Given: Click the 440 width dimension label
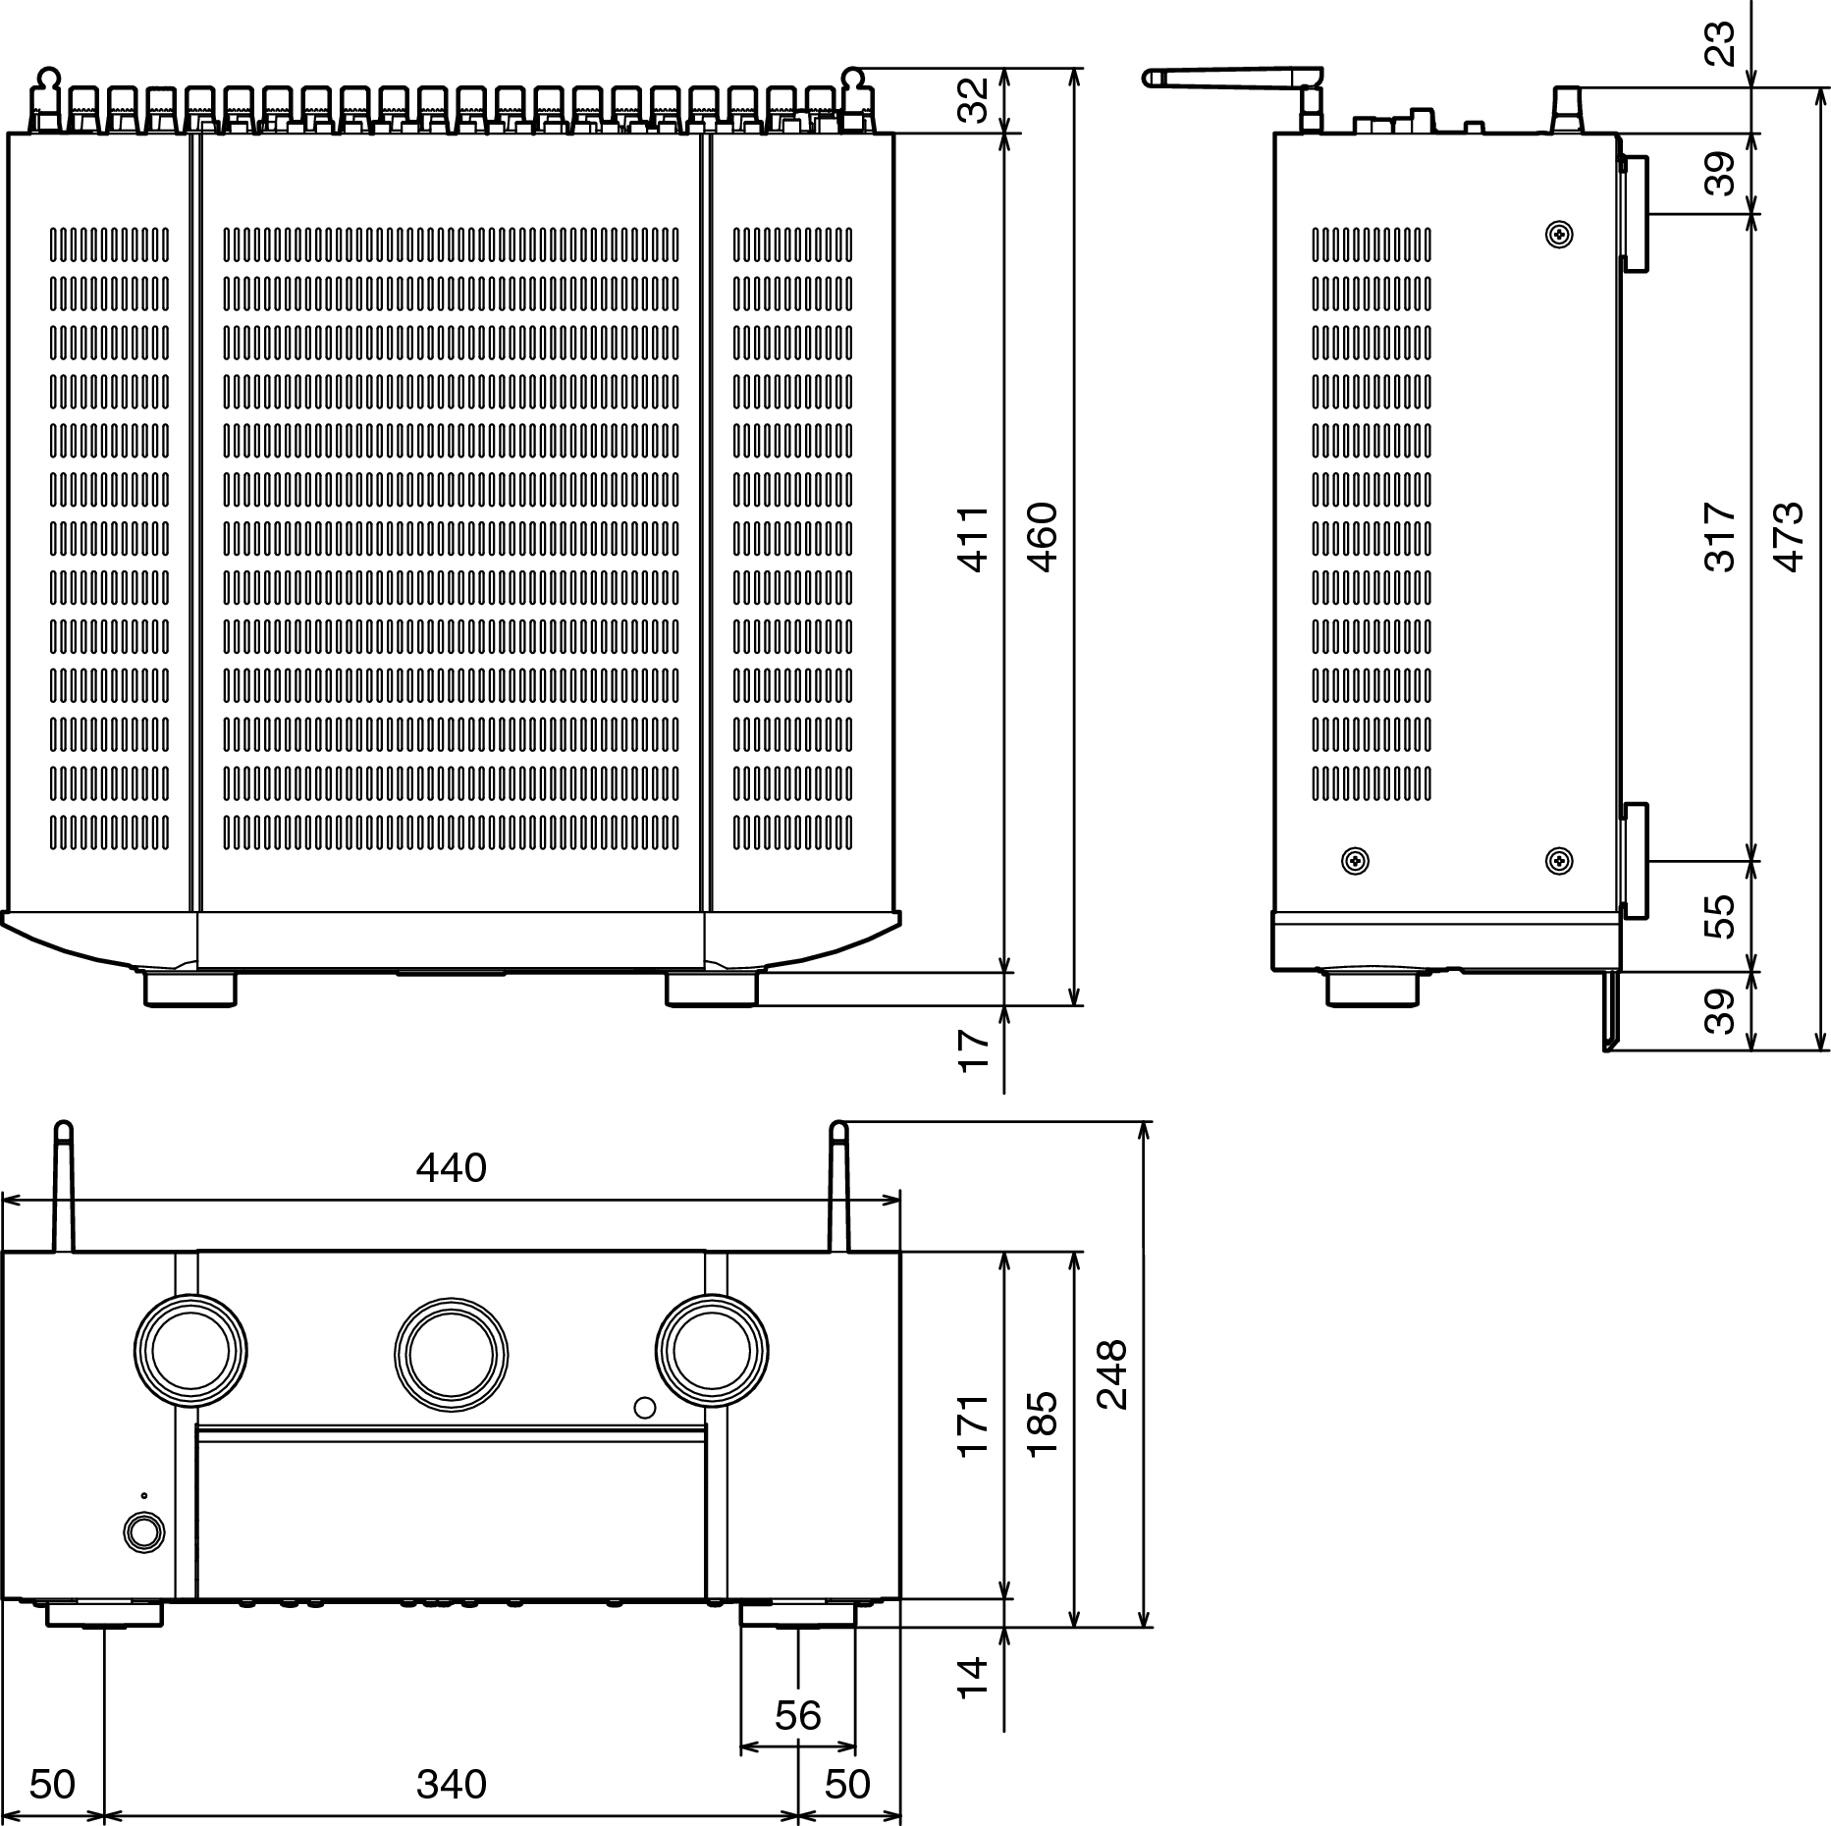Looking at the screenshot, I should [x=451, y=1167].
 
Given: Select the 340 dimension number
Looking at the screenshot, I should [x=451, y=1784].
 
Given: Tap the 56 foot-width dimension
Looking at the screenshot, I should [x=797, y=1715].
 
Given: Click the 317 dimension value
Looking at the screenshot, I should [x=1720, y=536].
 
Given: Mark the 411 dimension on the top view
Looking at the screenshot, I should [x=973, y=539].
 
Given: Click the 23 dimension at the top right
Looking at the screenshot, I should [x=1720, y=43].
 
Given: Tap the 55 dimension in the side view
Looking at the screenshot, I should [x=1720, y=916].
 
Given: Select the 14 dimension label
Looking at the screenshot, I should [x=973, y=1678].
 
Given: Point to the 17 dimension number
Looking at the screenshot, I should [x=973, y=1049].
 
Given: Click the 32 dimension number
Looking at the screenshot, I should [x=973, y=100].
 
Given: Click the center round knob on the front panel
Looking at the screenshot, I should [x=451, y=1356].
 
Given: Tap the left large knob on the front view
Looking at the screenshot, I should [x=190, y=1351].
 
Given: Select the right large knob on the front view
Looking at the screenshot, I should [x=712, y=1351].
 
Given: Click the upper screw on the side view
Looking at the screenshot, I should [x=1558, y=234].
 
